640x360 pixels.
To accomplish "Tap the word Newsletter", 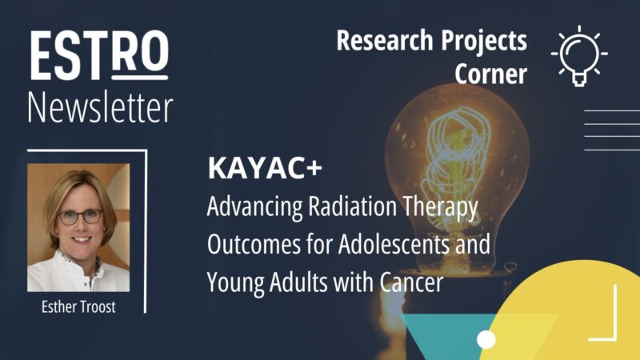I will (x=99, y=107).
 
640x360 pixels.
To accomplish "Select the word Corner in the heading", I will (x=491, y=74).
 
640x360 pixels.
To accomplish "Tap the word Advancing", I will (x=249, y=207).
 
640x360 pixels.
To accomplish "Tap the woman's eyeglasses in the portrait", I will (x=79, y=216).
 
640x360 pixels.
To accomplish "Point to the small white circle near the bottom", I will (x=486, y=340).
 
